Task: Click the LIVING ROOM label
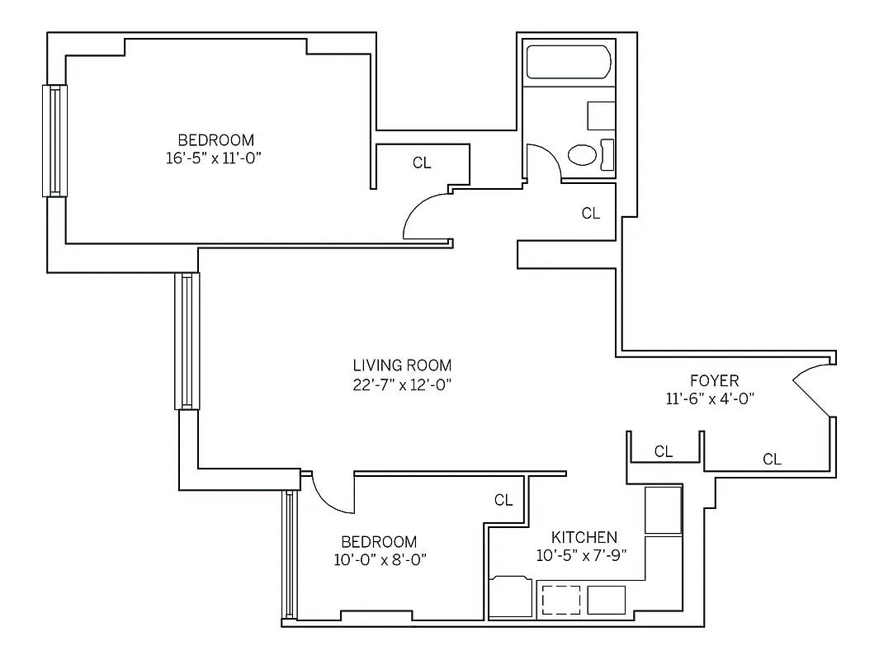pos(402,365)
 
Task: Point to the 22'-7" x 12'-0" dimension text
pos(402,384)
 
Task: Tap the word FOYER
pos(714,380)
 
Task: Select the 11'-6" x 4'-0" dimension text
pos(711,398)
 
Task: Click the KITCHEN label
pos(584,537)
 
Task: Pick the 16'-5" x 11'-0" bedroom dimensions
pos(216,158)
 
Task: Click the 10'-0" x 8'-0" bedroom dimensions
pos(379,560)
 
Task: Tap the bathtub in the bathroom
pos(569,63)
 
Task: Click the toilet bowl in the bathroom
pos(584,155)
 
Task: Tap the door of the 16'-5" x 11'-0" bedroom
pos(425,217)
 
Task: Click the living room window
pos(187,341)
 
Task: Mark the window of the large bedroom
pos(54,140)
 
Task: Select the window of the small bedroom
pos(288,554)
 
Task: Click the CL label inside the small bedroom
pos(503,500)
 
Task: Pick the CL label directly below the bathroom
pos(590,214)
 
